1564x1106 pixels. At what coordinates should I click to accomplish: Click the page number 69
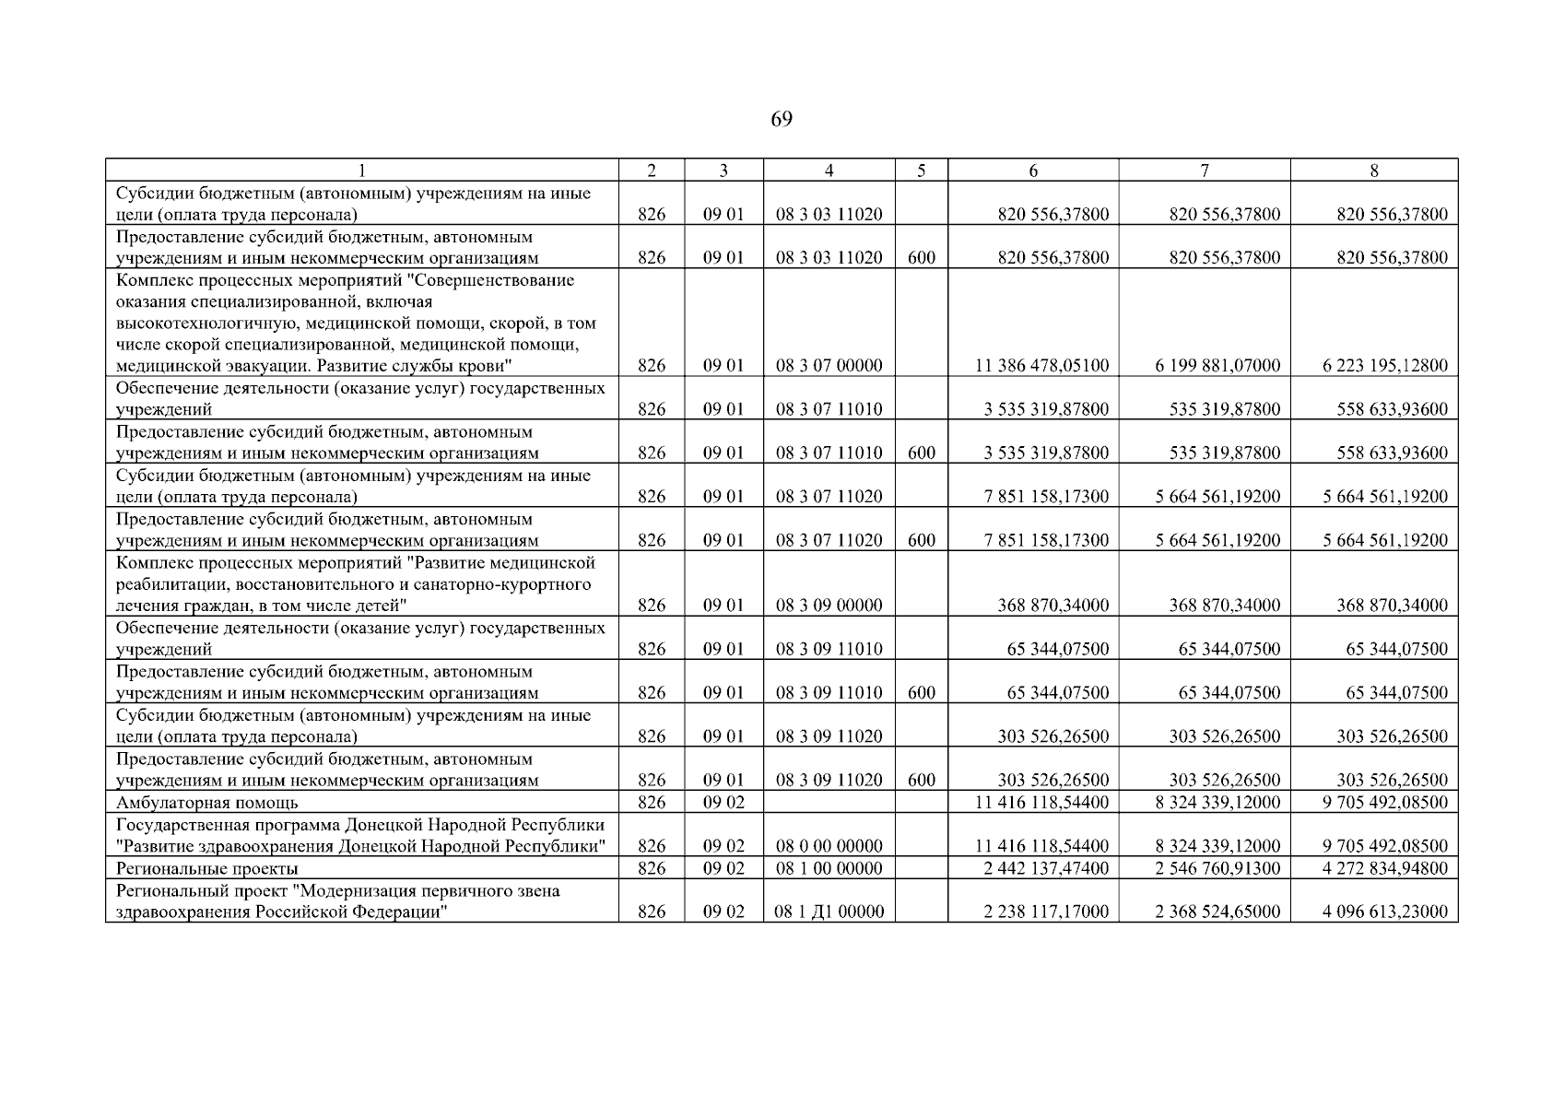pos(781,120)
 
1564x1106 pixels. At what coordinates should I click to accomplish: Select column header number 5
pos(921,171)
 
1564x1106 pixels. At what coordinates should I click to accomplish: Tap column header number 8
pos(1373,171)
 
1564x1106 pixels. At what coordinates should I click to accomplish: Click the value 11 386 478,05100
pos(1041,366)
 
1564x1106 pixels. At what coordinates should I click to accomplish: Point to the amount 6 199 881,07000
pos(1217,366)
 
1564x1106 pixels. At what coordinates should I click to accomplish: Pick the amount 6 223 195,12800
pos(1384,366)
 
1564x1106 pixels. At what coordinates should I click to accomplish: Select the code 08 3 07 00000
pos(829,366)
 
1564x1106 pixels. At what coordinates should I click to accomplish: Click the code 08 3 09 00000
pos(829,606)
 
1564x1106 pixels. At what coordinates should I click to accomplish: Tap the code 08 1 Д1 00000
pos(829,912)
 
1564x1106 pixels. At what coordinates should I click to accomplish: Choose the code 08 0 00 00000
pos(829,846)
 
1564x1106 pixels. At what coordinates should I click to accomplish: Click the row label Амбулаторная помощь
pos(206,803)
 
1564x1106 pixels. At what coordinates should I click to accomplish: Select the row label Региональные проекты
pos(206,869)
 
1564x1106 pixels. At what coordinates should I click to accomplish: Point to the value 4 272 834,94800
pos(1384,868)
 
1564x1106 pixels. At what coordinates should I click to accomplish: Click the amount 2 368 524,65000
pos(1217,912)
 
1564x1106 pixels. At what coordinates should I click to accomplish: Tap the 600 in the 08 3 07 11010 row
pos(921,453)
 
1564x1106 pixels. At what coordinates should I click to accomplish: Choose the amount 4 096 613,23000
pos(1384,912)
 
